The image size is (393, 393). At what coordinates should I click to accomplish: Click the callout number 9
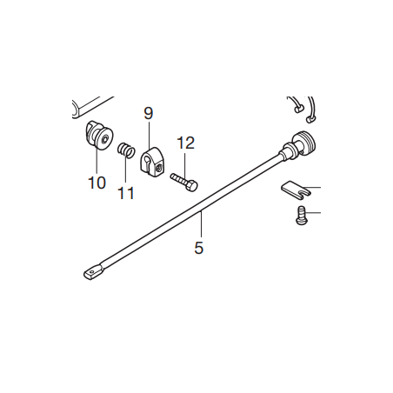tap(148, 113)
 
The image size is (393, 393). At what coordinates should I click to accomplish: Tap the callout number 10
tap(97, 183)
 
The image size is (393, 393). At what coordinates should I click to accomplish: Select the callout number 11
tap(126, 193)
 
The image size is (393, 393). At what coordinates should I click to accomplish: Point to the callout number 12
tap(186, 143)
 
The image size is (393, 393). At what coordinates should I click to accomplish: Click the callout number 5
tap(199, 248)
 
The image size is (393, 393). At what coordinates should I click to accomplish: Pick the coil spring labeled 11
tap(126, 150)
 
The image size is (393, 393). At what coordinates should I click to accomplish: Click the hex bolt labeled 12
tap(184, 182)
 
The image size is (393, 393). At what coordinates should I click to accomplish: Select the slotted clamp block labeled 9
tap(152, 163)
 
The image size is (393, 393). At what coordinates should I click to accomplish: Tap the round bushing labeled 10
tap(99, 135)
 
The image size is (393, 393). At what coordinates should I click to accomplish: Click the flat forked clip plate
tap(295, 190)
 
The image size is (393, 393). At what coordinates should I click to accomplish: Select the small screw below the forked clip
tap(302, 216)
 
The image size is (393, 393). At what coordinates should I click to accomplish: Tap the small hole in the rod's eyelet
tap(91, 272)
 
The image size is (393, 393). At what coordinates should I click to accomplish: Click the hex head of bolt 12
tap(192, 186)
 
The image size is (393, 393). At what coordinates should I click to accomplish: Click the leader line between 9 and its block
tap(149, 134)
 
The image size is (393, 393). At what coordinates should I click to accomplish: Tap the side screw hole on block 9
tap(157, 168)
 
